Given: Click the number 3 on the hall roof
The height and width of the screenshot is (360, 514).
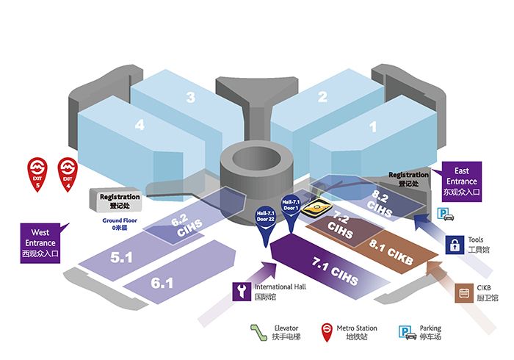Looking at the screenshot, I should click(x=189, y=98).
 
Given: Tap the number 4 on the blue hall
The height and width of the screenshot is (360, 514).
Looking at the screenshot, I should click(x=140, y=125).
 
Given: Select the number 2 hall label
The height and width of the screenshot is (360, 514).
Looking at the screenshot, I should click(x=322, y=96).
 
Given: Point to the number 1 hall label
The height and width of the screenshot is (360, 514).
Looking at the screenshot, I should click(x=372, y=126).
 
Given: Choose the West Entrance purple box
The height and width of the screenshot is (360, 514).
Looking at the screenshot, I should click(x=40, y=242).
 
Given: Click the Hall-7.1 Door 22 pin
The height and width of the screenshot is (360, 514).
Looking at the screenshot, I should click(x=265, y=225).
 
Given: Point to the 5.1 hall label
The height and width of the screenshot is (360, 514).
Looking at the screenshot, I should click(x=121, y=258).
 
